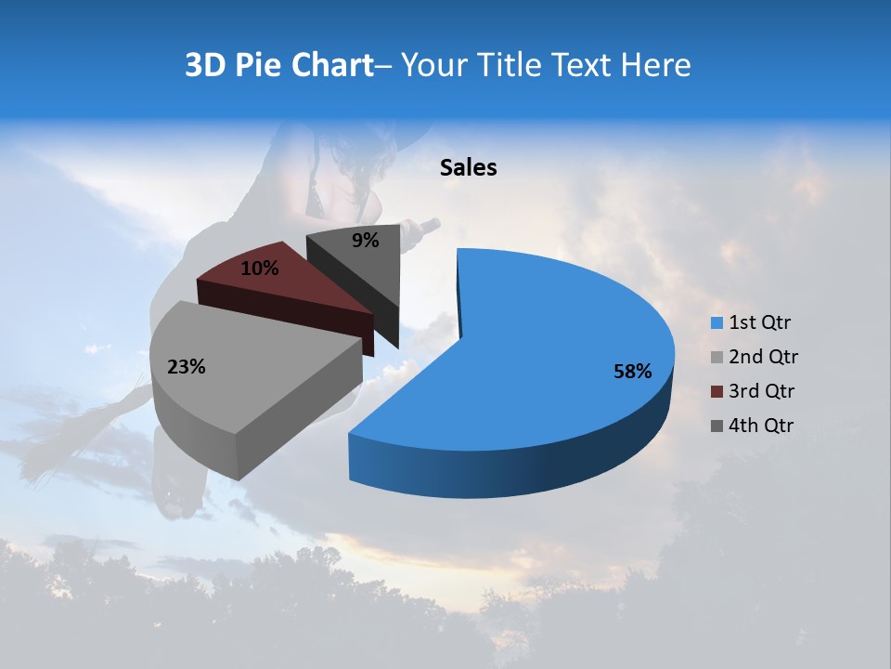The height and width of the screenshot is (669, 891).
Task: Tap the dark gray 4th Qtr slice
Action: pos(357,265)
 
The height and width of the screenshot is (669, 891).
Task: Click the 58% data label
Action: pos(633,372)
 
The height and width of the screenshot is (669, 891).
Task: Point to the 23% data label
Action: pos(186,367)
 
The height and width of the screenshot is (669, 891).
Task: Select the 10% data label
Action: pos(260,269)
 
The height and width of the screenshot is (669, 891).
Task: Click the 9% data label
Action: pos(366,241)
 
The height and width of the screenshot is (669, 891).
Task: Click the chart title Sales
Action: pos(469,167)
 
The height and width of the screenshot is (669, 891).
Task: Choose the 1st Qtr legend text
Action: pos(760,323)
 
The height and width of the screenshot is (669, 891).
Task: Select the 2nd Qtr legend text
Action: pos(764,357)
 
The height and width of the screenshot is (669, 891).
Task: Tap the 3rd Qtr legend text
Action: pos(763,391)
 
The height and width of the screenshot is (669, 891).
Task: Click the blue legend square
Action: pos(717,323)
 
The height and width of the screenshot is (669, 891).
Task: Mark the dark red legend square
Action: pos(717,391)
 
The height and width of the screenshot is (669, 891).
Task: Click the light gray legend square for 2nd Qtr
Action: pos(717,357)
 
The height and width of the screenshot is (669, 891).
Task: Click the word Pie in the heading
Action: pos(259,65)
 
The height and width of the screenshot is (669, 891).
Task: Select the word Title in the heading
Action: pos(510,65)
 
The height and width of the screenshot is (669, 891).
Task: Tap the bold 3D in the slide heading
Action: pos(205,65)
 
